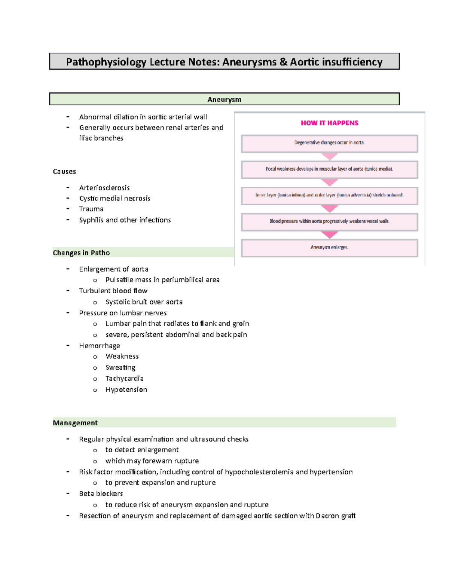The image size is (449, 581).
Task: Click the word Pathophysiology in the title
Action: coord(106,62)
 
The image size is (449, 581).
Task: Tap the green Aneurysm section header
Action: coord(224,100)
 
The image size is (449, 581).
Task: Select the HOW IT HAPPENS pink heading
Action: coord(329,123)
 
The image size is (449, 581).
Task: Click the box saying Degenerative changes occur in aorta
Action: coord(329,143)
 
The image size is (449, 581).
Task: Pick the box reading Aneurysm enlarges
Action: coord(329,248)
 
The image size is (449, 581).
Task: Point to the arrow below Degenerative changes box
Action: coord(329,156)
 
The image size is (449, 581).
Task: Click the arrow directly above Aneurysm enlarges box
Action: coord(329,235)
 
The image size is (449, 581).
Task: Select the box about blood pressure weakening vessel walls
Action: coord(329,221)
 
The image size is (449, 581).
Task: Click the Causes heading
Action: coord(64,171)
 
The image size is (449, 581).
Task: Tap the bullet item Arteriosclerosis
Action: coord(104,187)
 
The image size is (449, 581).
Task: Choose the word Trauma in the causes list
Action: coord(91,209)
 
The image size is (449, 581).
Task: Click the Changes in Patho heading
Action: coord(81,253)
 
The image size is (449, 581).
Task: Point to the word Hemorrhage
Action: coord(100,345)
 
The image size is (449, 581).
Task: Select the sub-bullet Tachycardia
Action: coord(124,378)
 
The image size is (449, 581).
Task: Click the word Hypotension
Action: coord(126,389)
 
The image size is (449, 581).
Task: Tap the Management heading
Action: coord(75,423)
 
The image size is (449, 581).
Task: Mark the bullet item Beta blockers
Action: coord(101,493)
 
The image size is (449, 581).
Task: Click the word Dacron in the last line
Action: coord(327,516)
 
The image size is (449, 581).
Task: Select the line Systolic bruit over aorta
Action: coord(144,302)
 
